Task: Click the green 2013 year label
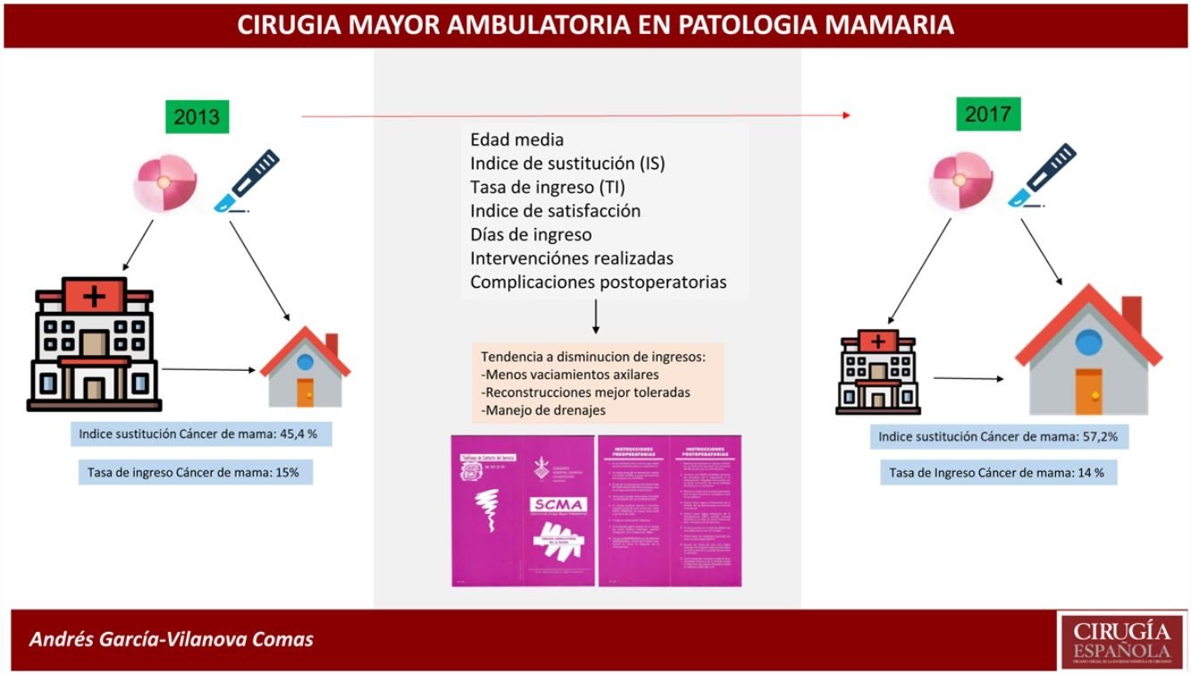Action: click(x=197, y=117)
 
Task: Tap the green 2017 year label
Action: click(x=987, y=114)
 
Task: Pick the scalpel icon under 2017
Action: click(x=1041, y=174)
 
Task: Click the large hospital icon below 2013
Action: click(x=94, y=343)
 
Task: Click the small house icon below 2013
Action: click(x=306, y=367)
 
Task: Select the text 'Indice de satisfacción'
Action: click(x=555, y=211)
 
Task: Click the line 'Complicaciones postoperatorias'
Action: click(x=598, y=282)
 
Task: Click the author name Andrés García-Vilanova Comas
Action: click(x=172, y=640)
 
